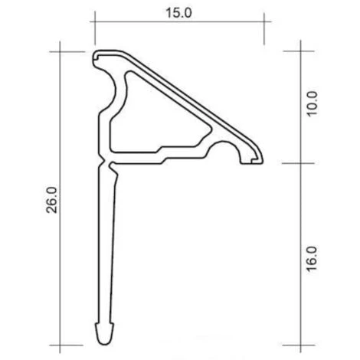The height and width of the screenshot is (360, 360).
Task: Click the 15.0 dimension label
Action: click(x=178, y=13)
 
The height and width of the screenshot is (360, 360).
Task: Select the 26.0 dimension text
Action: click(x=52, y=200)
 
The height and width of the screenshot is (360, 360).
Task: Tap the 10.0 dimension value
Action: click(x=312, y=103)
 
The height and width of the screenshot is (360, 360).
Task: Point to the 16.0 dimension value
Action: click(x=312, y=259)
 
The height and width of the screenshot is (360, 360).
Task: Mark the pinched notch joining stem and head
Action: click(x=106, y=162)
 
